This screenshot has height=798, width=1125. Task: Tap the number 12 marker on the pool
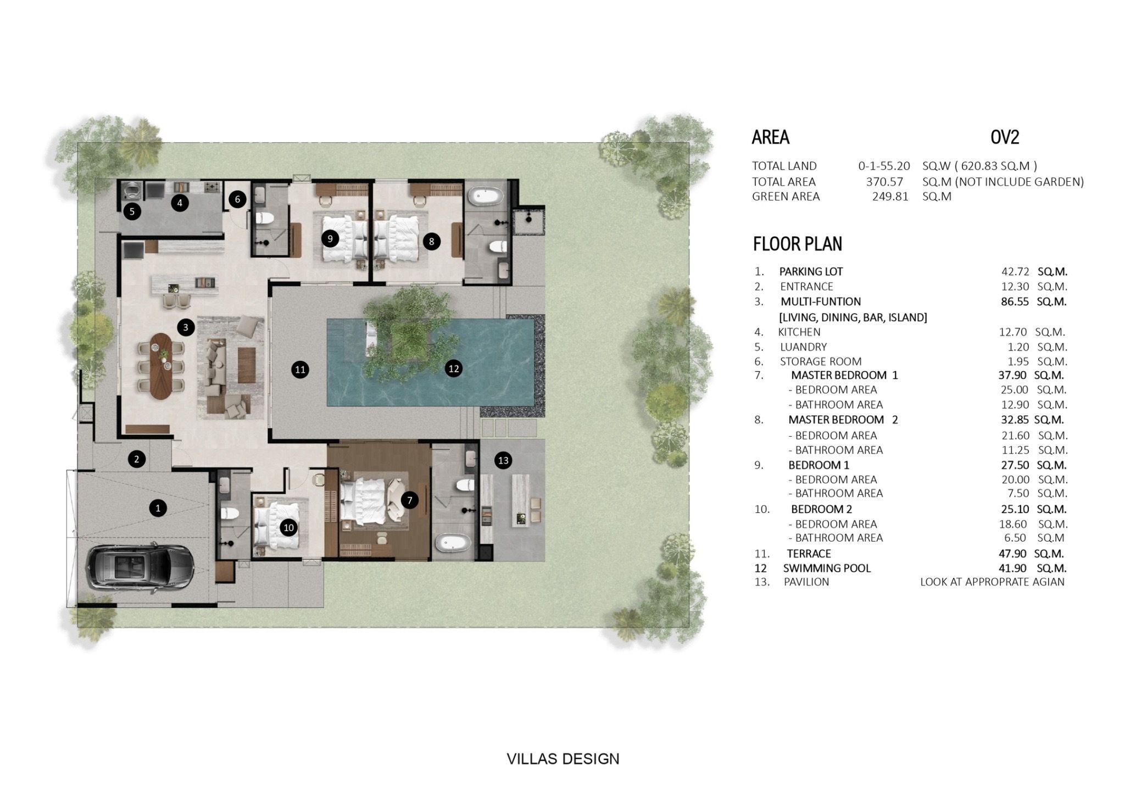(453, 369)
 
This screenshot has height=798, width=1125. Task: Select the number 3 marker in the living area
(186, 328)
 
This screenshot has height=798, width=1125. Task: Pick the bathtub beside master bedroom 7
(454, 544)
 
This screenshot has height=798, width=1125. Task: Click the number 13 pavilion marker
(503, 460)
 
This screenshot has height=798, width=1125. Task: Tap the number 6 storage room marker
(237, 199)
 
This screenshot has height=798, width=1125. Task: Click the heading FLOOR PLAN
(797, 244)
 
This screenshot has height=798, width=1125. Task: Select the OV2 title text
(1005, 137)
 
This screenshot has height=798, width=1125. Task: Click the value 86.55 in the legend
(1014, 302)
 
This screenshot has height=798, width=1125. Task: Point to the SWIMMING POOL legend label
(827, 568)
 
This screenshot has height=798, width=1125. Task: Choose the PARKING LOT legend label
(811, 271)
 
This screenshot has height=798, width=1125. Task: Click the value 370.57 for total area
(884, 182)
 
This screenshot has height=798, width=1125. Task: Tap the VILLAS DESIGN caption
(563, 759)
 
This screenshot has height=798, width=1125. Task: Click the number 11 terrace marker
(300, 370)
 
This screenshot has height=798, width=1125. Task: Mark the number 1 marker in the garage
(158, 508)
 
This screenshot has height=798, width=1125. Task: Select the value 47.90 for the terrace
(1014, 554)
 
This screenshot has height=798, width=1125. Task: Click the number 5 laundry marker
(132, 211)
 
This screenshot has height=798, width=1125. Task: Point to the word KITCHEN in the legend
(799, 332)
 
